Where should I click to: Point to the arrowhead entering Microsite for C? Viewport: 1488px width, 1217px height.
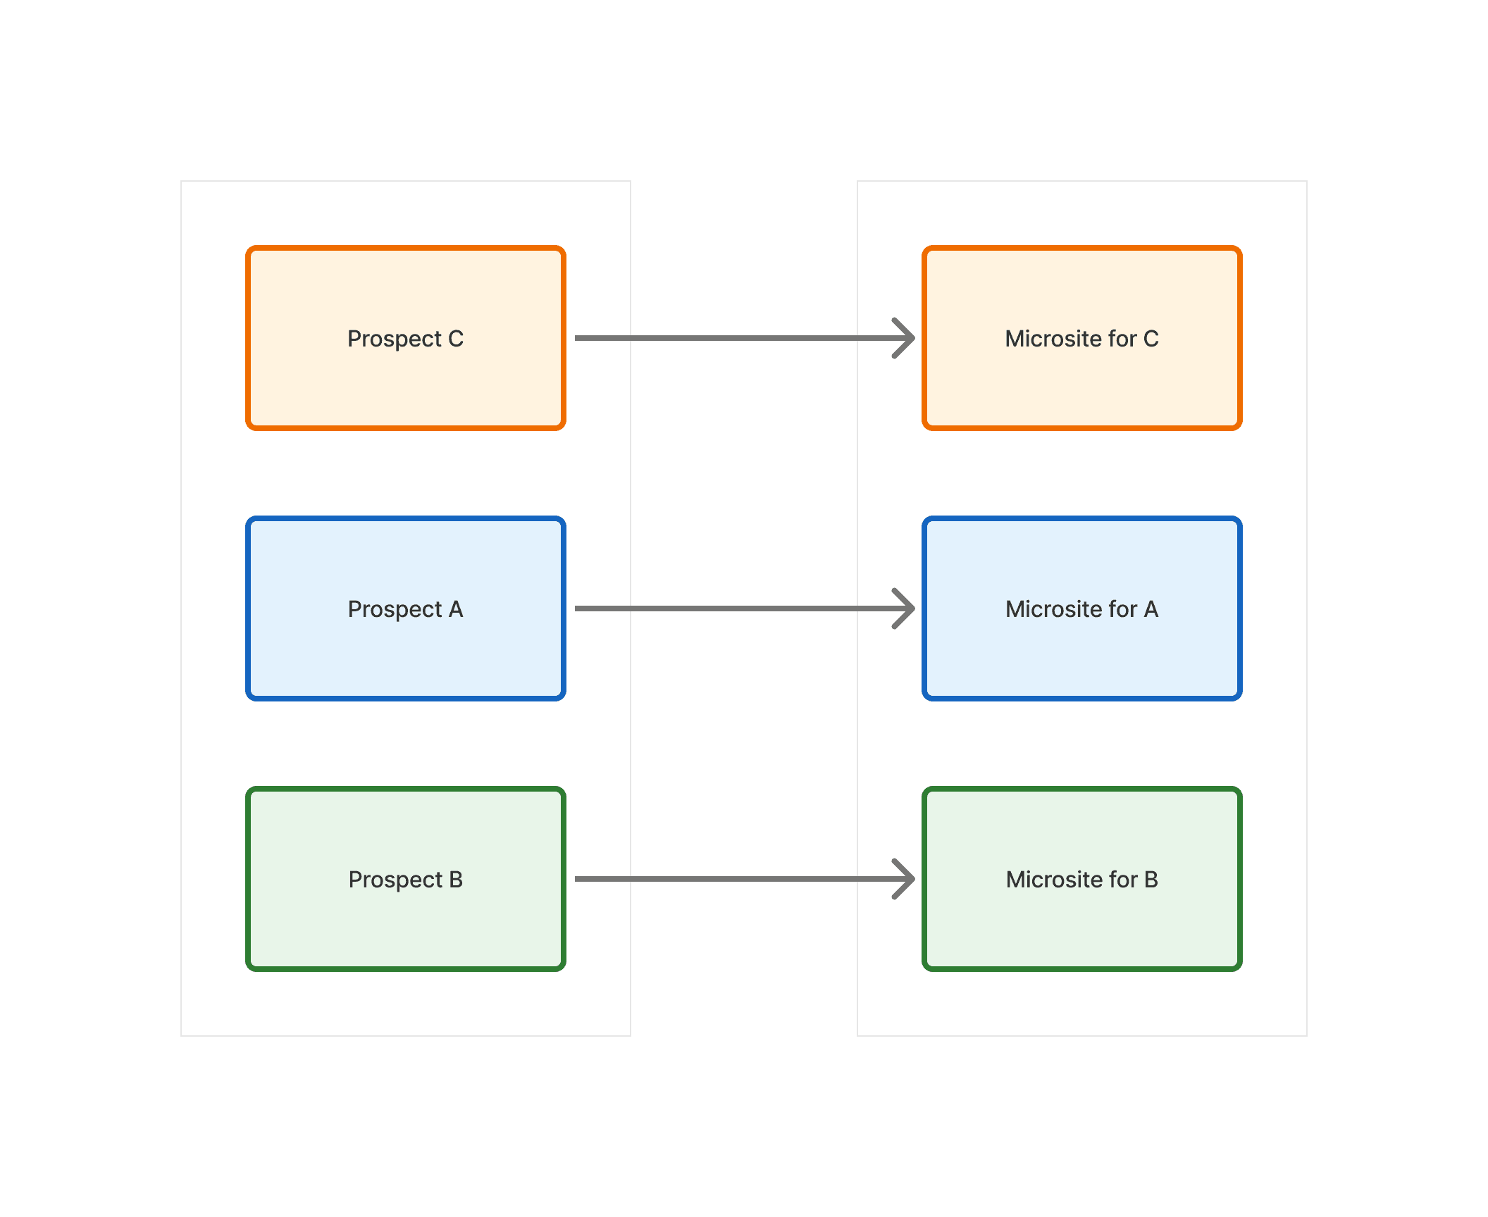pos(905,338)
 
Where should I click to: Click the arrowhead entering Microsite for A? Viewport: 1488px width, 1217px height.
pos(905,608)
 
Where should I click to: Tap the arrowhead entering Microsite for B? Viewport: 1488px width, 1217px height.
pos(905,879)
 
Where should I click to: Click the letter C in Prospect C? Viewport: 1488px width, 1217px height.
pos(456,339)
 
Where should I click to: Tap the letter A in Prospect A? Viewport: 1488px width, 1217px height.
pos(456,609)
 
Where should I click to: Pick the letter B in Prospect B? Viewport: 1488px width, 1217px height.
pos(456,880)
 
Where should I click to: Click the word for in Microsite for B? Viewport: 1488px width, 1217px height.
pos(1123,880)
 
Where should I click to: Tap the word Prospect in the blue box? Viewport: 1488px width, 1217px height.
pos(395,610)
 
